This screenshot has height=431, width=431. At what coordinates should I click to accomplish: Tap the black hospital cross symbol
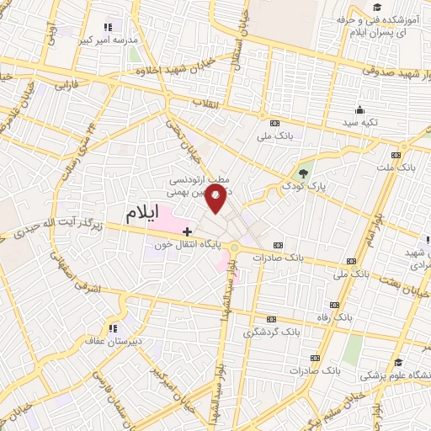point(186,229)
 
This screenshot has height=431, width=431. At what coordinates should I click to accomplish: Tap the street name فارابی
point(66,85)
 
